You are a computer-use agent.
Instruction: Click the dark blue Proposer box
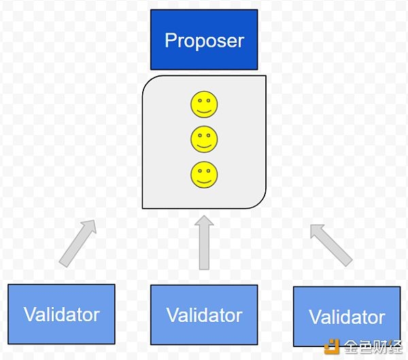click(204, 39)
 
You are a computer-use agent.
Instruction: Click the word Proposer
click(204, 41)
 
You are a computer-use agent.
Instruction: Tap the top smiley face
click(204, 104)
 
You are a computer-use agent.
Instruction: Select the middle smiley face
click(204, 139)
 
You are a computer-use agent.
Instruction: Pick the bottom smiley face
click(204, 175)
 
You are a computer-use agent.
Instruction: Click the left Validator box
click(61, 314)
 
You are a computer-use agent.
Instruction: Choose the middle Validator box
click(204, 314)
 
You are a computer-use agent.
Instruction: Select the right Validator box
click(347, 317)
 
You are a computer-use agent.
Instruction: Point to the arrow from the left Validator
click(78, 243)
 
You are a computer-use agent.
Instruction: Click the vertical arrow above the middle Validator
click(204, 242)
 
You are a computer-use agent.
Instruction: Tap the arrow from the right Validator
click(331, 245)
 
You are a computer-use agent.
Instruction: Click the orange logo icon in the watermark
click(332, 346)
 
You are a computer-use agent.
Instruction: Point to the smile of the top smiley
click(204, 111)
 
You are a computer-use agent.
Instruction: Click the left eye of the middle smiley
click(200, 135)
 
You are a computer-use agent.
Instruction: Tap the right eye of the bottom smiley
click(208, 170)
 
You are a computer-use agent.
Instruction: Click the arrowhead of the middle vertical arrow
click(204, 221)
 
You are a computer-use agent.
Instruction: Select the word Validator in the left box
click(61, 314)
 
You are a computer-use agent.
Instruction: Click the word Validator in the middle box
click(204, 315)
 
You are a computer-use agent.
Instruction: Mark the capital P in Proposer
click(171, 40)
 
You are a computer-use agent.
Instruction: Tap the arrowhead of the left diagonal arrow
click(90, 226)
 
